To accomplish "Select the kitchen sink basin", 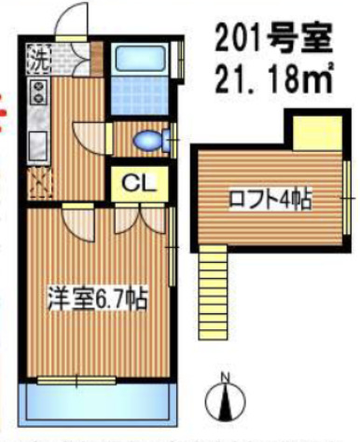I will [x=39, y=145].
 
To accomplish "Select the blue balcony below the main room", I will [x=96, y=402].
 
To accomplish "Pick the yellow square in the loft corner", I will [x=316, y=131].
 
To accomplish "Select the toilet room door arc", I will [x=93, y=140].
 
